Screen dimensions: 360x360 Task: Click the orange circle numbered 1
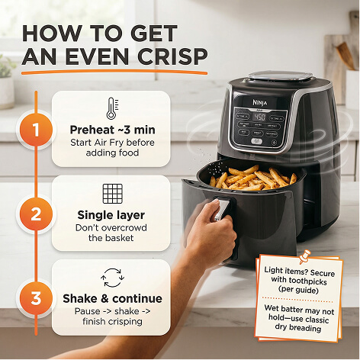[36, 130]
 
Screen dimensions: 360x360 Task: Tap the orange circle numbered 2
[36, 214]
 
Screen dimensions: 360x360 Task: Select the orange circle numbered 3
[36, 298]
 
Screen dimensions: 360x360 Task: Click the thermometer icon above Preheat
[112, 108]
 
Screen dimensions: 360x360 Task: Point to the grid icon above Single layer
[112, 194]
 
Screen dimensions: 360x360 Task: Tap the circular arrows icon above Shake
[112, 278]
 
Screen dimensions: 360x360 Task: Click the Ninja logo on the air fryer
[260, 102]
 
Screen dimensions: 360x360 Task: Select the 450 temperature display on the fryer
[259, 117]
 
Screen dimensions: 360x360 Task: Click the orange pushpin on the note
[304, 256]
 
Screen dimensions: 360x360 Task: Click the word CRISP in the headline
[172, 56]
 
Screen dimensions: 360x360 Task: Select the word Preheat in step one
[92, 130]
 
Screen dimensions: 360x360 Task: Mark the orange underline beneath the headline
[114, 72]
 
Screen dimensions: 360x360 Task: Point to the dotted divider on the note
[297, 299]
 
